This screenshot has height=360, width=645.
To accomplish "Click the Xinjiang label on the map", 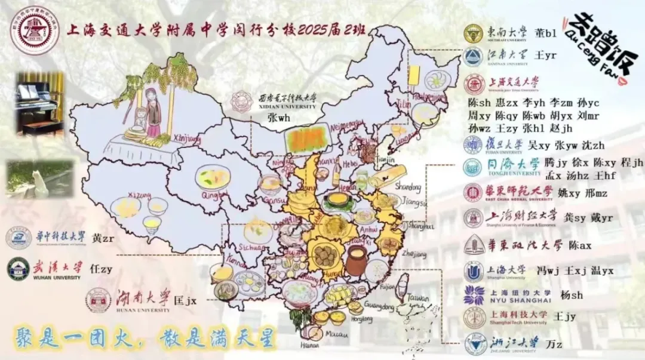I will [x=185, y=139].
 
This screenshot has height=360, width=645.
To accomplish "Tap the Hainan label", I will [x=308, y=344].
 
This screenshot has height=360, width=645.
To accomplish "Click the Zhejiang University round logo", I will [x=474, y=344].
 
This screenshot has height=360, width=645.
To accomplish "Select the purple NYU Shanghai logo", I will [x=474, y=295].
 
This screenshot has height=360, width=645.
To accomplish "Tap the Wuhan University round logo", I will [x=18, y=269].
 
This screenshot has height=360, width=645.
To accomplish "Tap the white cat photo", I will [x=40, y=179].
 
